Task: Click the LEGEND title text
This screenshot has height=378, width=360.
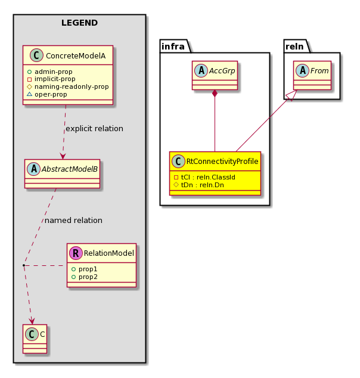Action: tap(79, 23)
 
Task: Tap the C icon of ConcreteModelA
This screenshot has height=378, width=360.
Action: tap(36, 55)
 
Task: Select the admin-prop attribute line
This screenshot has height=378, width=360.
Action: tap(49, 72)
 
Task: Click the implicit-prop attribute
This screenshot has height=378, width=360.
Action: tap(51, 79)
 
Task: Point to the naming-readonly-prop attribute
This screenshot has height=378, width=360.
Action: tap(68, 86)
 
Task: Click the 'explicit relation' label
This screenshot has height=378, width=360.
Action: tap(94, 129)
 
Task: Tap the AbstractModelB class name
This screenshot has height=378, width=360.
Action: tap(70, 169)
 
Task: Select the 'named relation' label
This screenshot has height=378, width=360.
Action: tap(73, 221)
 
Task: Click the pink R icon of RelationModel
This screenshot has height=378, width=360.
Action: tap(76, 253)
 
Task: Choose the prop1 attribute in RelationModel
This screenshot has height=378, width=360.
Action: tap(84, 269)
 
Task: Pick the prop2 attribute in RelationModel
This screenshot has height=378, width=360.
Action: tap(84, 277)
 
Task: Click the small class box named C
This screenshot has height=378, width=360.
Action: tap(35, 339)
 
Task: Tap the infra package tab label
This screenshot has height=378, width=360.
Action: tap(173, 47)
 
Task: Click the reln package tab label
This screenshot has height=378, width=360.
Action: tap(294, 47)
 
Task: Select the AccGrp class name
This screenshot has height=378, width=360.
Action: tap(222, 70)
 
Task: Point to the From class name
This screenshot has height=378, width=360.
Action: tap(319, 70)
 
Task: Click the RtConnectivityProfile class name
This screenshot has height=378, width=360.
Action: tap(222, 162)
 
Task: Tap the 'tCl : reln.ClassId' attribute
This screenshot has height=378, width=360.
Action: tap(204, 177)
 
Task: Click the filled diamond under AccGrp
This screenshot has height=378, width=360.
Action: tap(215, 94)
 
